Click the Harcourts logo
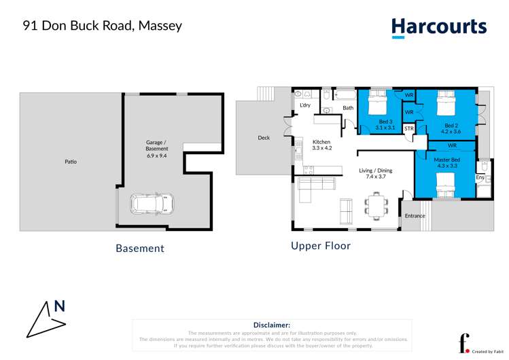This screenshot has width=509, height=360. pos(439,27)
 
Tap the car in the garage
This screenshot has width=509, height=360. pos(152,202)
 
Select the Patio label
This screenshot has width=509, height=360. pos(71,162)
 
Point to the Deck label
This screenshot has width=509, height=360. pos(264,138)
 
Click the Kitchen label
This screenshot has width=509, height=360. pos(321,142)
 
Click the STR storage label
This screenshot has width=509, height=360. pos(408,128)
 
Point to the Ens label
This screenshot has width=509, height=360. pos(479,177)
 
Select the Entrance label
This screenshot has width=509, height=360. pos(415,216)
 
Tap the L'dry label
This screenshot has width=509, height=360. pos(305,105)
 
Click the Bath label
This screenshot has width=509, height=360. pos(347,108)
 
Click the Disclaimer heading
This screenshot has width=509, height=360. pos(271,325)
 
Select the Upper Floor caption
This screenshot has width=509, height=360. pos(321,246)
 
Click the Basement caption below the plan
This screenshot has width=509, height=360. pos(140,249)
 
